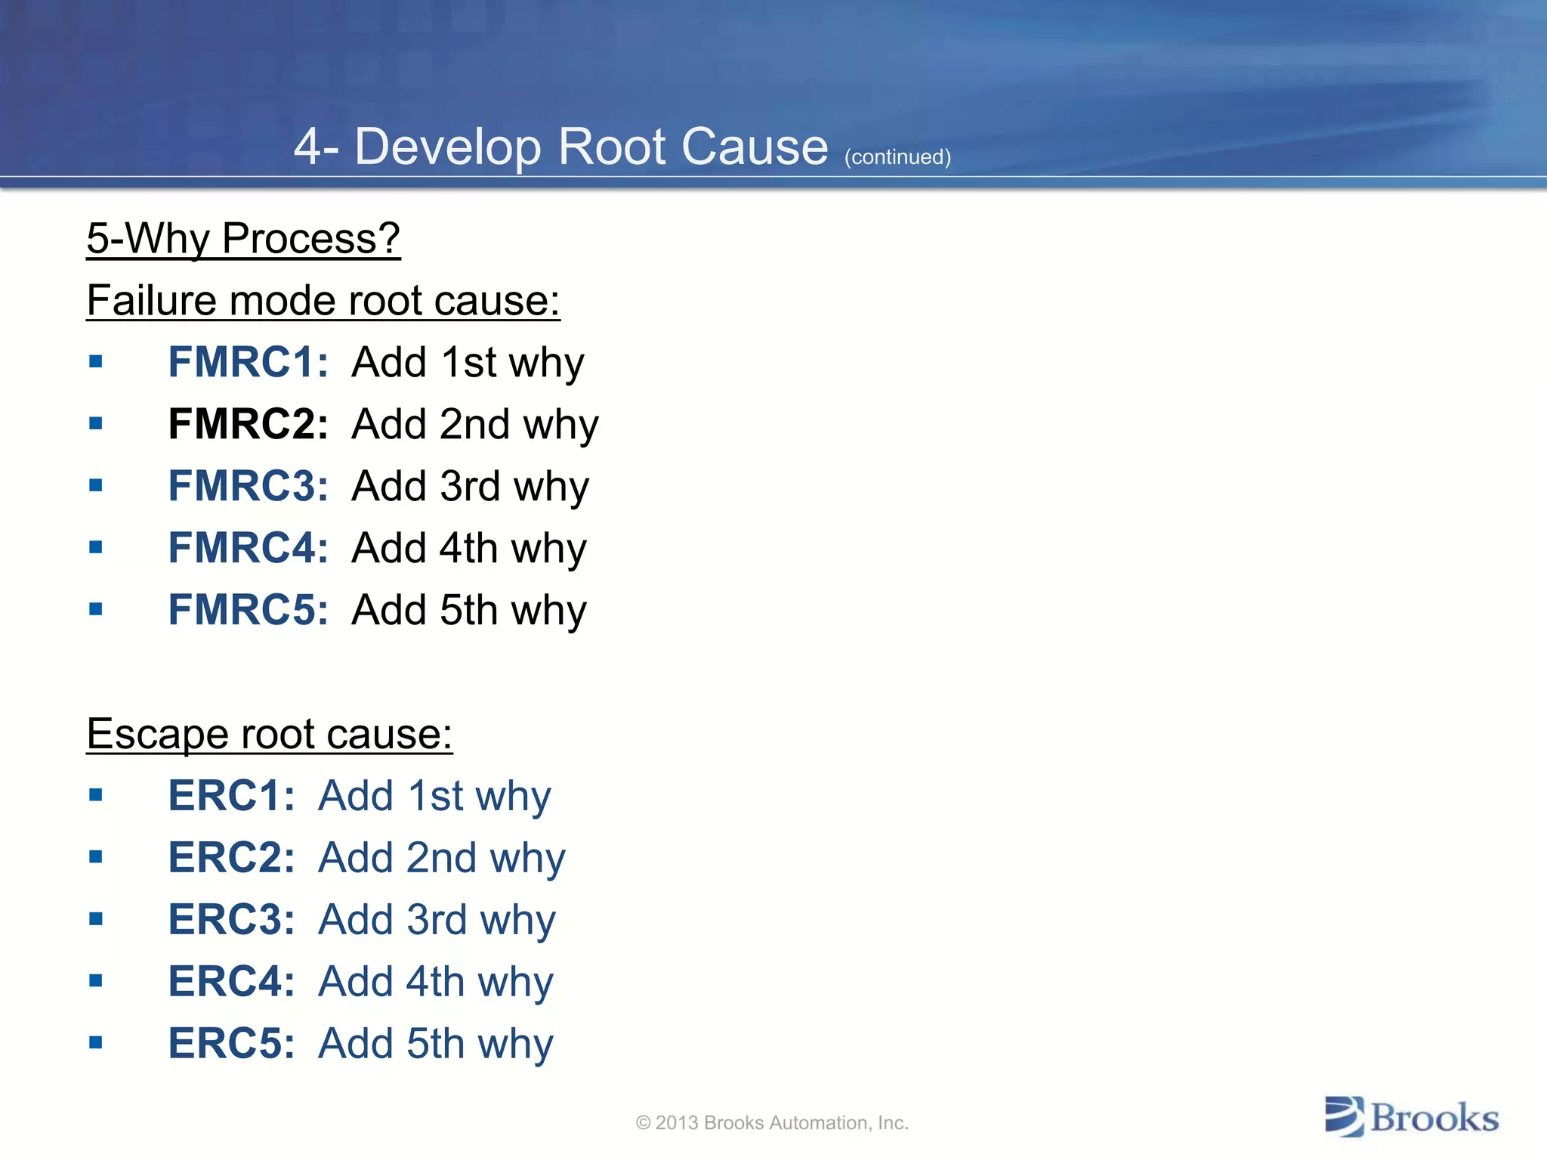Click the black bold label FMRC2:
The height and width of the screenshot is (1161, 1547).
248,424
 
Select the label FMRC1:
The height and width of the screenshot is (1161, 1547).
248,362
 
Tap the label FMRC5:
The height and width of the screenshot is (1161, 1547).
248,610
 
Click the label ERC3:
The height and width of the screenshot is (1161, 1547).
231,920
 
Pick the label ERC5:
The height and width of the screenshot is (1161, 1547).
231,1044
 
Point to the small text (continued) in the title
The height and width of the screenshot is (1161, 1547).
897,157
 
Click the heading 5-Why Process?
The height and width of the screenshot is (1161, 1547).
242,239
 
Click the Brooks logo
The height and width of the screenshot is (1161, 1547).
1412,1117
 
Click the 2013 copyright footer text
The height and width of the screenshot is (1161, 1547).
772,1123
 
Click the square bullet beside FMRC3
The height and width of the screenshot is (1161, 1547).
95,485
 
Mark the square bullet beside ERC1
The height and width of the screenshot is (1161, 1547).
95,795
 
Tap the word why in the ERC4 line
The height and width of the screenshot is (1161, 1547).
516,983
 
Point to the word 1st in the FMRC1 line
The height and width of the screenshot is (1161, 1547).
468,362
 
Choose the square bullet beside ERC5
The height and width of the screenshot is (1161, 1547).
95,1043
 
